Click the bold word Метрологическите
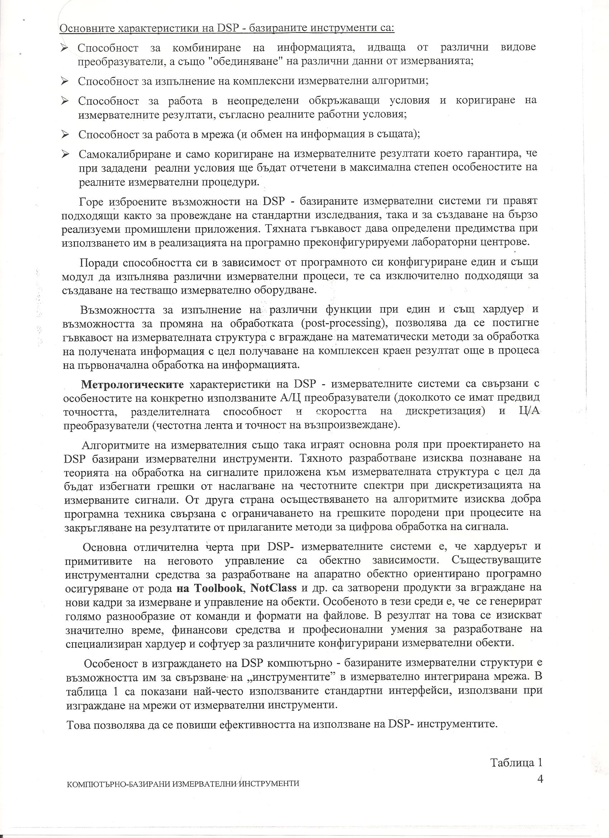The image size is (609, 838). point(133,384)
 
